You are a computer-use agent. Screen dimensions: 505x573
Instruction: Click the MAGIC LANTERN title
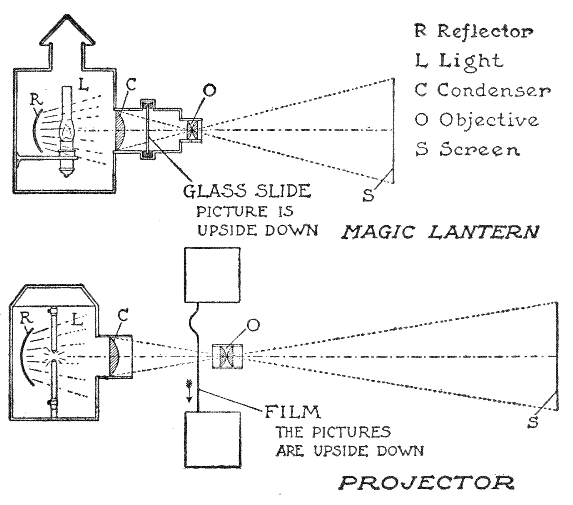(x=439, y=232)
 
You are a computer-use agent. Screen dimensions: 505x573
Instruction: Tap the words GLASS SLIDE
(x=247, y=191)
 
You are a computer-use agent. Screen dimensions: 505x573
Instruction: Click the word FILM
(x=293, y=412)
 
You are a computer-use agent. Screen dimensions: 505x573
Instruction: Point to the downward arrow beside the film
(x=189, y=391)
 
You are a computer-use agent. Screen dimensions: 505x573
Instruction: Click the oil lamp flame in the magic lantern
(x=67, y=131)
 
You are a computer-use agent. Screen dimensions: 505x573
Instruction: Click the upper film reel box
(x=213, y=275)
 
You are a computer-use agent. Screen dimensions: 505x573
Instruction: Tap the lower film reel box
(x=213, y=439)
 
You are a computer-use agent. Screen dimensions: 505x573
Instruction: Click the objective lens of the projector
(x=227, y=356)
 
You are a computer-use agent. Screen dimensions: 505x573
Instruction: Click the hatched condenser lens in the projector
(x=115, y=356)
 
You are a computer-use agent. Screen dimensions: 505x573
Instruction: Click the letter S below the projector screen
(x=533, y=422)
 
